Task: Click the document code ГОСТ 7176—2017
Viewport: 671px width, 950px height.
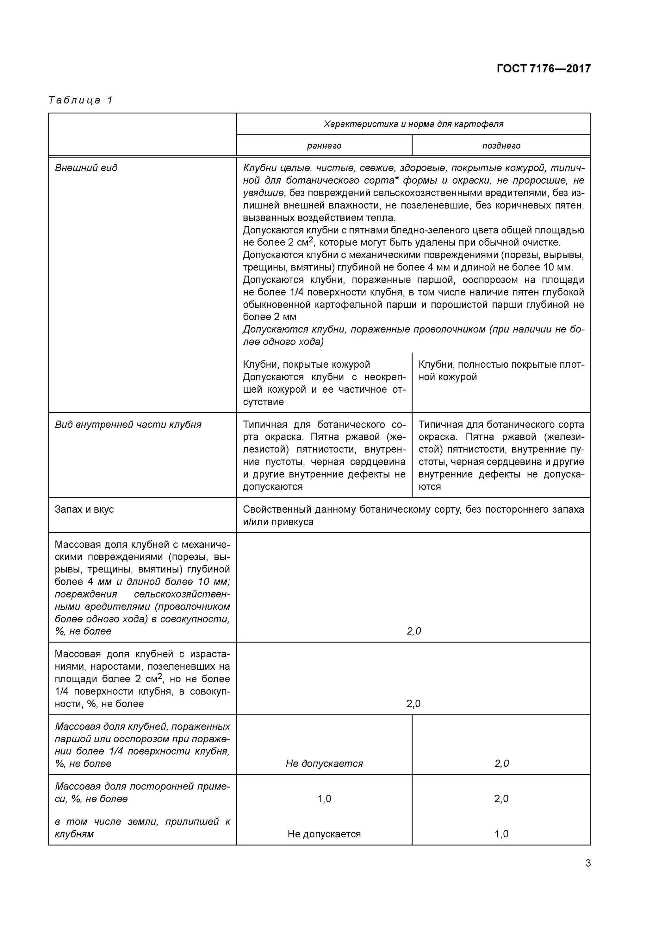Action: [543, 68]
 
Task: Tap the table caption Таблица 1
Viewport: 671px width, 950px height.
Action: [81, 100]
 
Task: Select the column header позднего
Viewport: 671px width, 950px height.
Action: [501, 146]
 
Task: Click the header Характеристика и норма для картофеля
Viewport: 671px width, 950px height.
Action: [413, 124]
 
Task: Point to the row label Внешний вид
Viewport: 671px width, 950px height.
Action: [86, 168]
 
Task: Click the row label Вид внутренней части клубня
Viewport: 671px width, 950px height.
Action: [128, 425]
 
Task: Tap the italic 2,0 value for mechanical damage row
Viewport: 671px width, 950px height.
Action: [413, 631]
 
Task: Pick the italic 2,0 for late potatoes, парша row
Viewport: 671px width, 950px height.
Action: [501, 763]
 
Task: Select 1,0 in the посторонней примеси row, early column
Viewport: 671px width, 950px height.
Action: [324, 799]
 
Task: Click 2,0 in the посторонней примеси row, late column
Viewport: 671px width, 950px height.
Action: [501, 799]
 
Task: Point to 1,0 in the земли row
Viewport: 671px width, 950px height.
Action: [501, 834]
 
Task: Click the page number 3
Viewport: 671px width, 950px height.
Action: [588, 863]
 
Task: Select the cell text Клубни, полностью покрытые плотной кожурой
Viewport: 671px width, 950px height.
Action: [501, 371]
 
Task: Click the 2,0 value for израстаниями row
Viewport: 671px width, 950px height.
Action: [413, 703]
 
